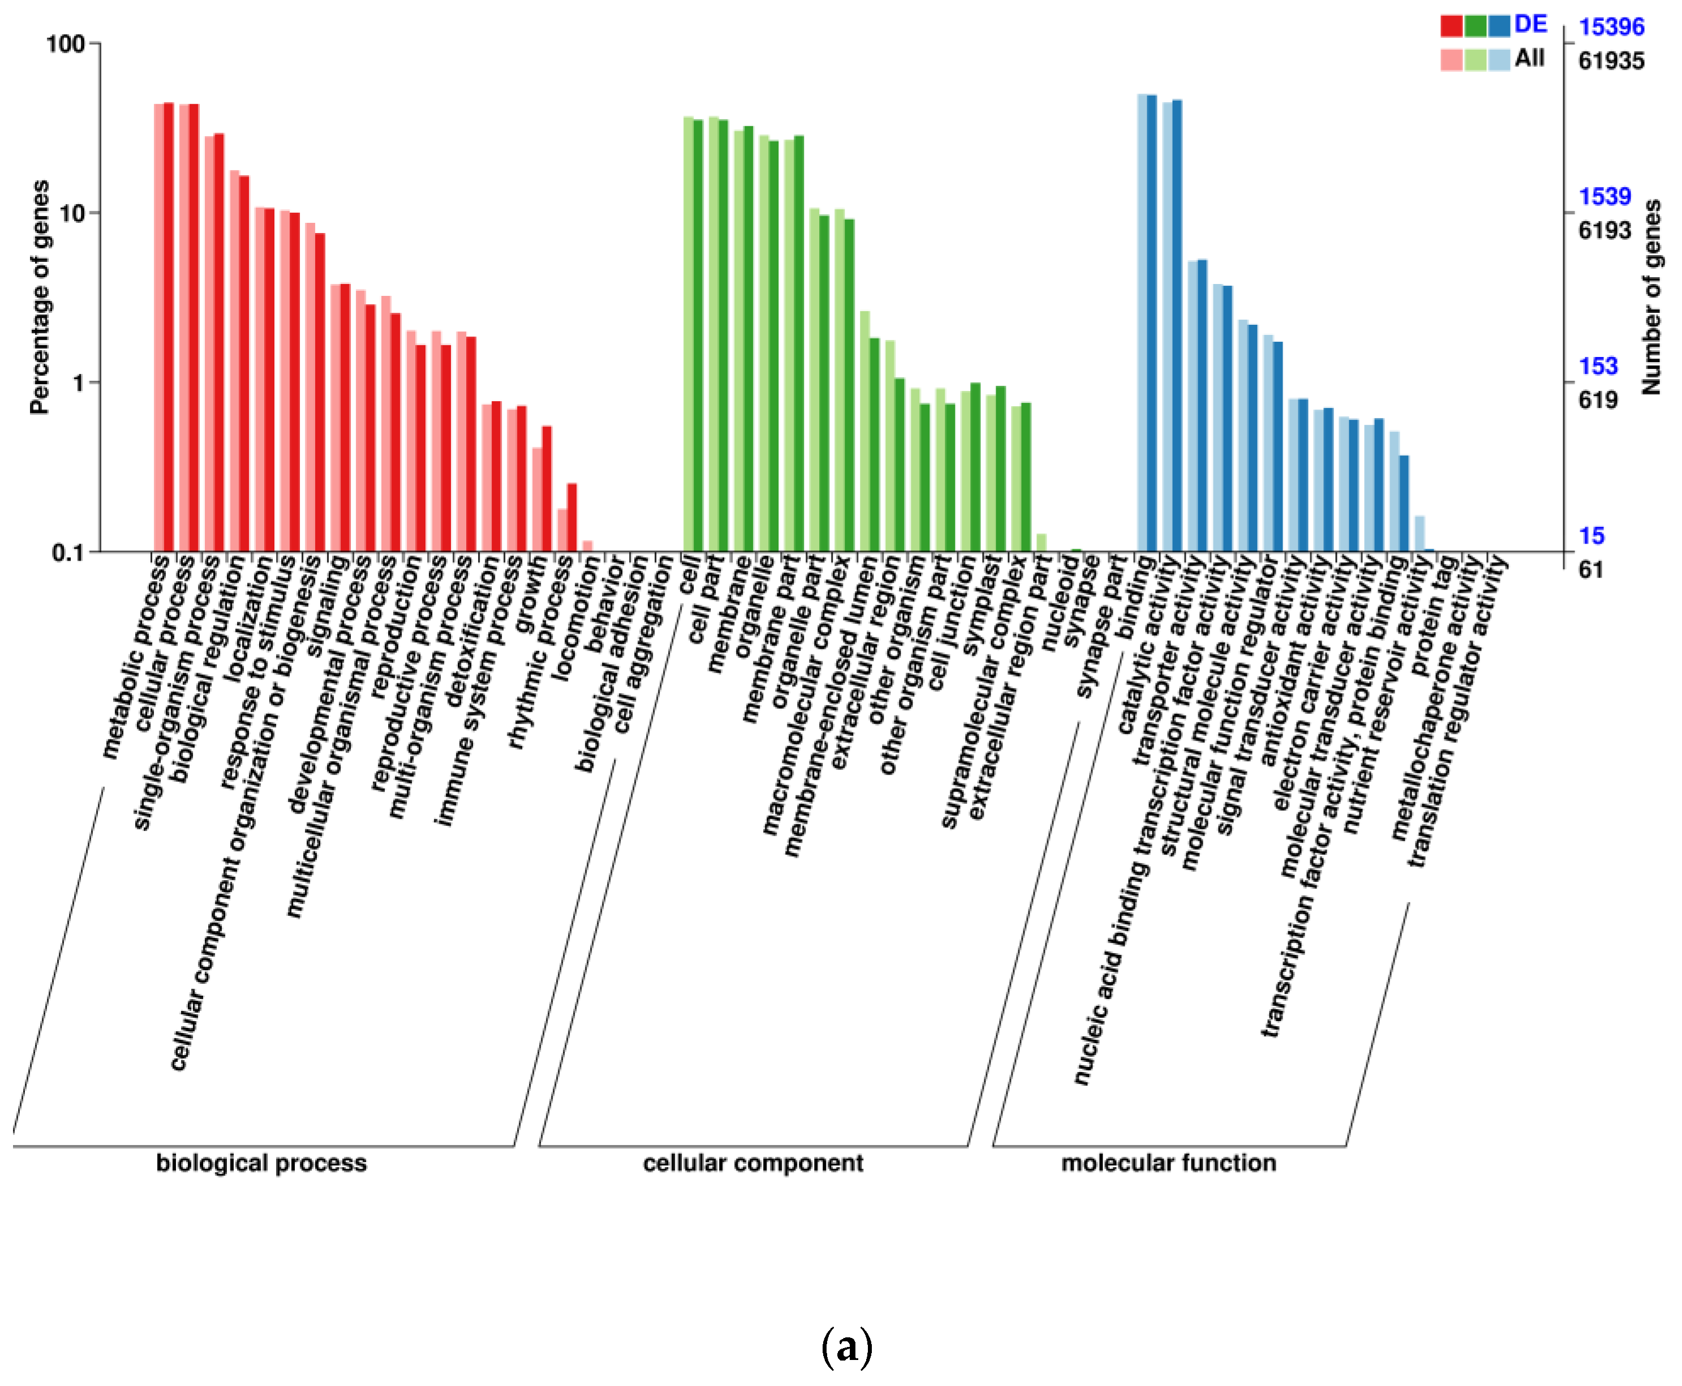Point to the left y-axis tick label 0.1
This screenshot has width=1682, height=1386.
pyautogui.click(x=68, y=553)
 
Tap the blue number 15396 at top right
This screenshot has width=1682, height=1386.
pyautogui.click(x=1611, y=27)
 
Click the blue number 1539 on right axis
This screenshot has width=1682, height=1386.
pyautogui.click(x=1604, y=196)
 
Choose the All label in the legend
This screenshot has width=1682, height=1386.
pyautogui.click(x=1529, y=58)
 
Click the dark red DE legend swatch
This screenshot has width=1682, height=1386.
pyautogui.click(x=1451, y=27)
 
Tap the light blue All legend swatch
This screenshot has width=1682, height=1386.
pyautogui.click(x=1498, y=60)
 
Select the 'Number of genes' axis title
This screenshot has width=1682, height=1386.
pyautogui.click(x=1651, y=297)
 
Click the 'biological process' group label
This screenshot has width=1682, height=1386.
pyautogui.click(x=261, y=1163)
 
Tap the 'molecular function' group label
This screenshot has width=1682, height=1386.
pyautogui.click(x=1168, y=1163)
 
